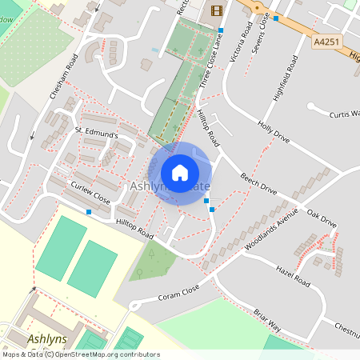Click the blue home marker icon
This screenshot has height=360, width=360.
180,172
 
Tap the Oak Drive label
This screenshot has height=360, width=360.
322,218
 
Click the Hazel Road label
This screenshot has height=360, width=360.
291,277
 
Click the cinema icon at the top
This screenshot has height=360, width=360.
216,10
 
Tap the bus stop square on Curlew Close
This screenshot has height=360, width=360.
89,212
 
